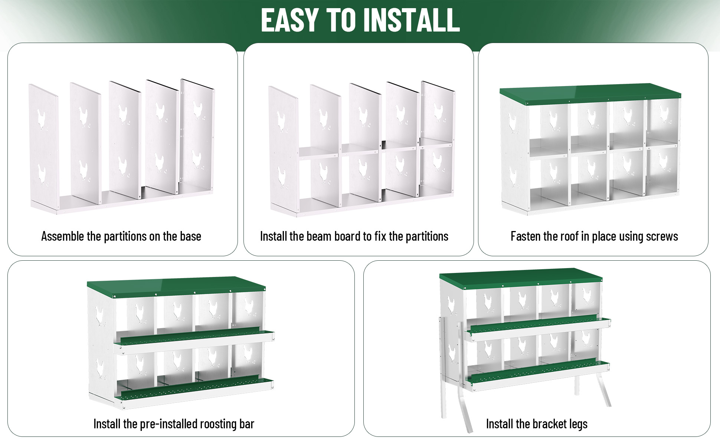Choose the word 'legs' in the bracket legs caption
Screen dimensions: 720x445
[578, 424]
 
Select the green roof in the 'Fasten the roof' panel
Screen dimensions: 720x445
[590, 94]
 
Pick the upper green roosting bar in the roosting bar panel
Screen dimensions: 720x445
[194, 337]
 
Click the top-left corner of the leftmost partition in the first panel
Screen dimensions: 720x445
[29, 85]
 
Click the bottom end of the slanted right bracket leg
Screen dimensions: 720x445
[609, 406]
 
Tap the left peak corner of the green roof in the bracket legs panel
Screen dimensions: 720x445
[440, 275]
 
